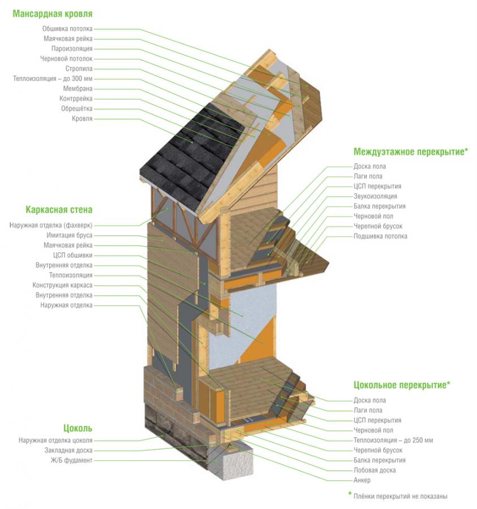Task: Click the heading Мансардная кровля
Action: click(53, 14)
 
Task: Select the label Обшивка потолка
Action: click(67, 29)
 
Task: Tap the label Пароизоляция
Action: click(72, 49)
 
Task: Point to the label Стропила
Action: click(79, 69)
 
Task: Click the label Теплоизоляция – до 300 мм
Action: click(53, 79)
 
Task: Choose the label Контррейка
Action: click(76, 98)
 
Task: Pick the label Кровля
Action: click(82, 119)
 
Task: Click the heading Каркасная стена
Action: click(59, 210)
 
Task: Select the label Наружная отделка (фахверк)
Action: click(51, 225)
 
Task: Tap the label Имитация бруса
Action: click(69, 235)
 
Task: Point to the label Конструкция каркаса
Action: click(62, 285)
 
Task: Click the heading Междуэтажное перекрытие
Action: click(411, 152)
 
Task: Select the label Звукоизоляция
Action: click(375, 196)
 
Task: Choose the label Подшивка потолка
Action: click(380, 236)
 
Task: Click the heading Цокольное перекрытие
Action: click(402, 385)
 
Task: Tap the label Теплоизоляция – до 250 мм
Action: click(393, 440)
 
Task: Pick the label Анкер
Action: click(362, 480)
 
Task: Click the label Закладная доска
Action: click(68, 450)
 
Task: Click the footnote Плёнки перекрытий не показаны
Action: click(400, 497)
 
